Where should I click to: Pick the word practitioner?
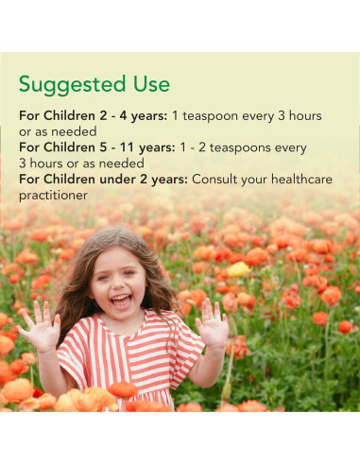coord(54,195)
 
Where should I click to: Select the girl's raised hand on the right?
coord(213,322)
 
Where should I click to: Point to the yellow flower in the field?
coord(239,269)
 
